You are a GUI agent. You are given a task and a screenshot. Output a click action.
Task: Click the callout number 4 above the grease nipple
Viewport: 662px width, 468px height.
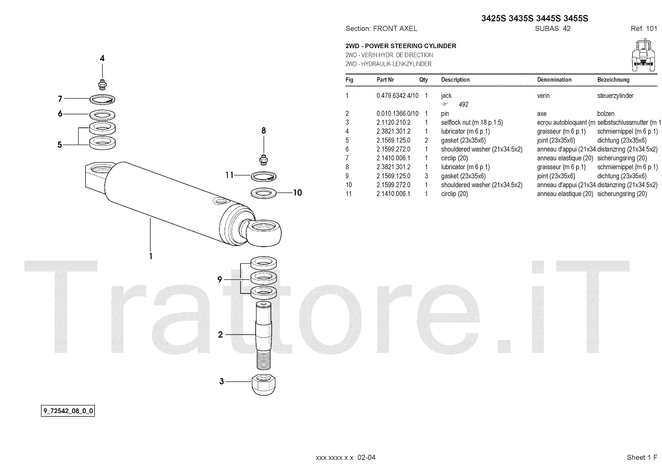(x=102, y=58)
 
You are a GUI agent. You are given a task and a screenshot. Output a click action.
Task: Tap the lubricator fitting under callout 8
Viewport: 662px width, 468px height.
(x=264, y=158)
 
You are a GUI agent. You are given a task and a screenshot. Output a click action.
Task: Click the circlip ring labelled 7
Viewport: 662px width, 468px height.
(x=103, y=99)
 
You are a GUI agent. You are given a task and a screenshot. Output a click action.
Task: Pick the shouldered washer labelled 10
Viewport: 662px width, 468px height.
(x=264, y=193)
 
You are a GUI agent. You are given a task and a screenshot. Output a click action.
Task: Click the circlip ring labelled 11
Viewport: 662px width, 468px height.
(x=264, y=176)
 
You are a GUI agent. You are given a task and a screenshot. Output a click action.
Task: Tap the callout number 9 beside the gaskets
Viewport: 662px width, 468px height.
(x=220, y=280)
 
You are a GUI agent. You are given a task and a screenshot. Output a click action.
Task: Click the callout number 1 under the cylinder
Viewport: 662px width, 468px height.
(x=151, y=256)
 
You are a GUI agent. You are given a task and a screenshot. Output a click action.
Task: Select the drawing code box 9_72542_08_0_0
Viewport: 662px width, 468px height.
(x=68, y=411)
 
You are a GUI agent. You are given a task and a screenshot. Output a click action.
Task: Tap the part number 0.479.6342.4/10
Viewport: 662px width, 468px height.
(x=397, y=96)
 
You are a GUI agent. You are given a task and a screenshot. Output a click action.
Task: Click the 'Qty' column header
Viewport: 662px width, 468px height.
(x=423, y=80)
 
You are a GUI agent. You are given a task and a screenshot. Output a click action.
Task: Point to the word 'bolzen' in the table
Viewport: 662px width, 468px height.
(x=606, y=113)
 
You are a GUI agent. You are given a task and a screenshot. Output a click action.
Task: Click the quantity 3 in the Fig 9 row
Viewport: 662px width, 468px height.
(x=426, y=176)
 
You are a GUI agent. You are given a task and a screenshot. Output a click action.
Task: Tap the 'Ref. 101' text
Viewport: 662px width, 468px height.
(x=644, y=29)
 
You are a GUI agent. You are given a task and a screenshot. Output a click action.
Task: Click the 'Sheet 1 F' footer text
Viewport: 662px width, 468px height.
(x=642, y=457)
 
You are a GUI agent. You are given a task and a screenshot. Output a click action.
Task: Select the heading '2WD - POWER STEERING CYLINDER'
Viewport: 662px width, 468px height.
(x=401, y=46)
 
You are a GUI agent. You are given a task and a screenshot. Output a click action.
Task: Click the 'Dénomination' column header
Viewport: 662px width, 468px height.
(x=554, y=80)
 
